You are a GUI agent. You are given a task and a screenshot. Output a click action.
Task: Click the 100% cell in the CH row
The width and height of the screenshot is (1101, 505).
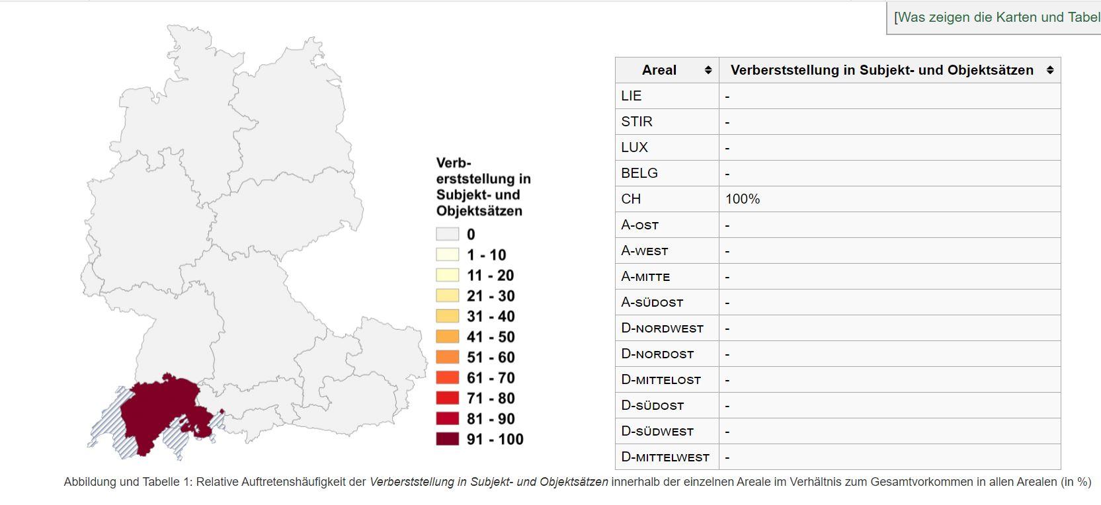point(743,199)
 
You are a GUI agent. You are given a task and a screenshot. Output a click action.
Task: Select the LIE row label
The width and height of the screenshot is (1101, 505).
point(632,96)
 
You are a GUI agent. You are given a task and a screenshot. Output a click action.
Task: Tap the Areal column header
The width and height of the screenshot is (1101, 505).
point(659,70)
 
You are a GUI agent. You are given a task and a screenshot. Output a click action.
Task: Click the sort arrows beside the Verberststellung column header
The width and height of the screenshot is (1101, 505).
point(1050,70)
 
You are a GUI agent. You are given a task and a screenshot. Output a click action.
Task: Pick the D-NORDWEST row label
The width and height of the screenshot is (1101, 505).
point(662,329)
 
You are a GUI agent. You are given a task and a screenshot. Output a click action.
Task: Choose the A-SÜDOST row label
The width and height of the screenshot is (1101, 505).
point(652,303)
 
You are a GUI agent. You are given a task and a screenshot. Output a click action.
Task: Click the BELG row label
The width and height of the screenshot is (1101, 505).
point(639,173)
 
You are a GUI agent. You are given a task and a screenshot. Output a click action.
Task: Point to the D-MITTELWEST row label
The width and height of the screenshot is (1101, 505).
point(665,457)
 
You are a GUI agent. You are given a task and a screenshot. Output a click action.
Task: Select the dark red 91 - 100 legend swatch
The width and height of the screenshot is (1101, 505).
point(447,439)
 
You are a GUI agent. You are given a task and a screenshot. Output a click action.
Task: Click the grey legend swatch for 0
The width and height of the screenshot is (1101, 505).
point(447,234)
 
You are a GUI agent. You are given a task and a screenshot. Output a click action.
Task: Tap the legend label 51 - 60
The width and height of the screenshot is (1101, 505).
point(490,357)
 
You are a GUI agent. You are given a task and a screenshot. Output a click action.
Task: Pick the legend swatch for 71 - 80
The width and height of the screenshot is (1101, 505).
point(447,398)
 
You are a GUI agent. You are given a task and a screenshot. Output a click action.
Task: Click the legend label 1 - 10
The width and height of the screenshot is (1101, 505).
point(486,254)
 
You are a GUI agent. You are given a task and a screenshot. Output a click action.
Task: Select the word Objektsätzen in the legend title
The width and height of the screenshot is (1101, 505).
point(479,211)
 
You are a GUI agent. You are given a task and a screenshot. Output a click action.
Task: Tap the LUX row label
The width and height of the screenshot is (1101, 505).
point(634,147)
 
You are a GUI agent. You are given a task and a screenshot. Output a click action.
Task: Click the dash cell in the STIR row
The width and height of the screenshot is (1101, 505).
point(727,122)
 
